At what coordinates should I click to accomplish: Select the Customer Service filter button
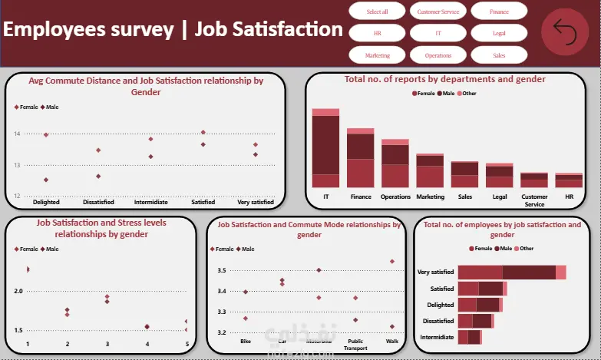(x=438, y=12)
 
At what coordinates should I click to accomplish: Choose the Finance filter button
(x=499, y=12)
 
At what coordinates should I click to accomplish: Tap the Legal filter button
(x=499, y=34)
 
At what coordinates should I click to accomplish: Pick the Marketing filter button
(x=377, y=55)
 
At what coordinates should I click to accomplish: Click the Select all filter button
(x=377, y=12)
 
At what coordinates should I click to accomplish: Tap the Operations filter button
(x=438, y=55)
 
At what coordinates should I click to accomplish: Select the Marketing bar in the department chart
(x=430, y=170)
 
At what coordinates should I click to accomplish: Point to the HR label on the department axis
(x=569, y=197)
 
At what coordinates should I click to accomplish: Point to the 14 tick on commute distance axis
(x=17, y=134)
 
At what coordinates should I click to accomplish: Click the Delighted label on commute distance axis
(x=46, y=202)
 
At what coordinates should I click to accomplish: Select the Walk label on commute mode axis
(x=392, y=341)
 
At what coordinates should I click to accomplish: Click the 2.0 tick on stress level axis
(x=18, y=291)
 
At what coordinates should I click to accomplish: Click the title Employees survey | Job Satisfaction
(x=173, y=30)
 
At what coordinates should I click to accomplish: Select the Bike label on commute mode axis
(x=246, y=341)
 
